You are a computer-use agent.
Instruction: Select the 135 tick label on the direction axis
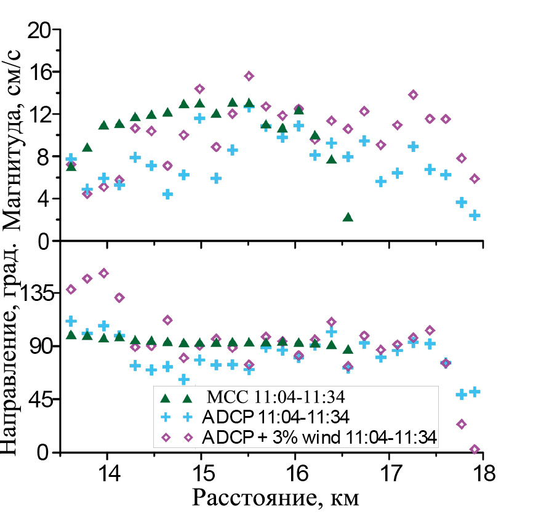click(x=34, y=294)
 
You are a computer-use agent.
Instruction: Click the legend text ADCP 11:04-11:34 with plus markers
click(x=275, y=417)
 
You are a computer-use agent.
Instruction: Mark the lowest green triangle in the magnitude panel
click(x=348, y=217)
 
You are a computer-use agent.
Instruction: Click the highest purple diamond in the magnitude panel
click(x=249, y=76)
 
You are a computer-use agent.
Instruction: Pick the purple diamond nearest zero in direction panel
click(x=475, y=450)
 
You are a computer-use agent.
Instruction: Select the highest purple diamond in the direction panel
click(x=103, y=273)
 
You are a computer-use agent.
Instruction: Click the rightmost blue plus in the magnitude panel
click(x=475, y=215)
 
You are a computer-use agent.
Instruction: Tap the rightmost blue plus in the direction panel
click(x=475, y=391)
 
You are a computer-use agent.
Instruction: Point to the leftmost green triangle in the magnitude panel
click(x=71, y=166)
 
